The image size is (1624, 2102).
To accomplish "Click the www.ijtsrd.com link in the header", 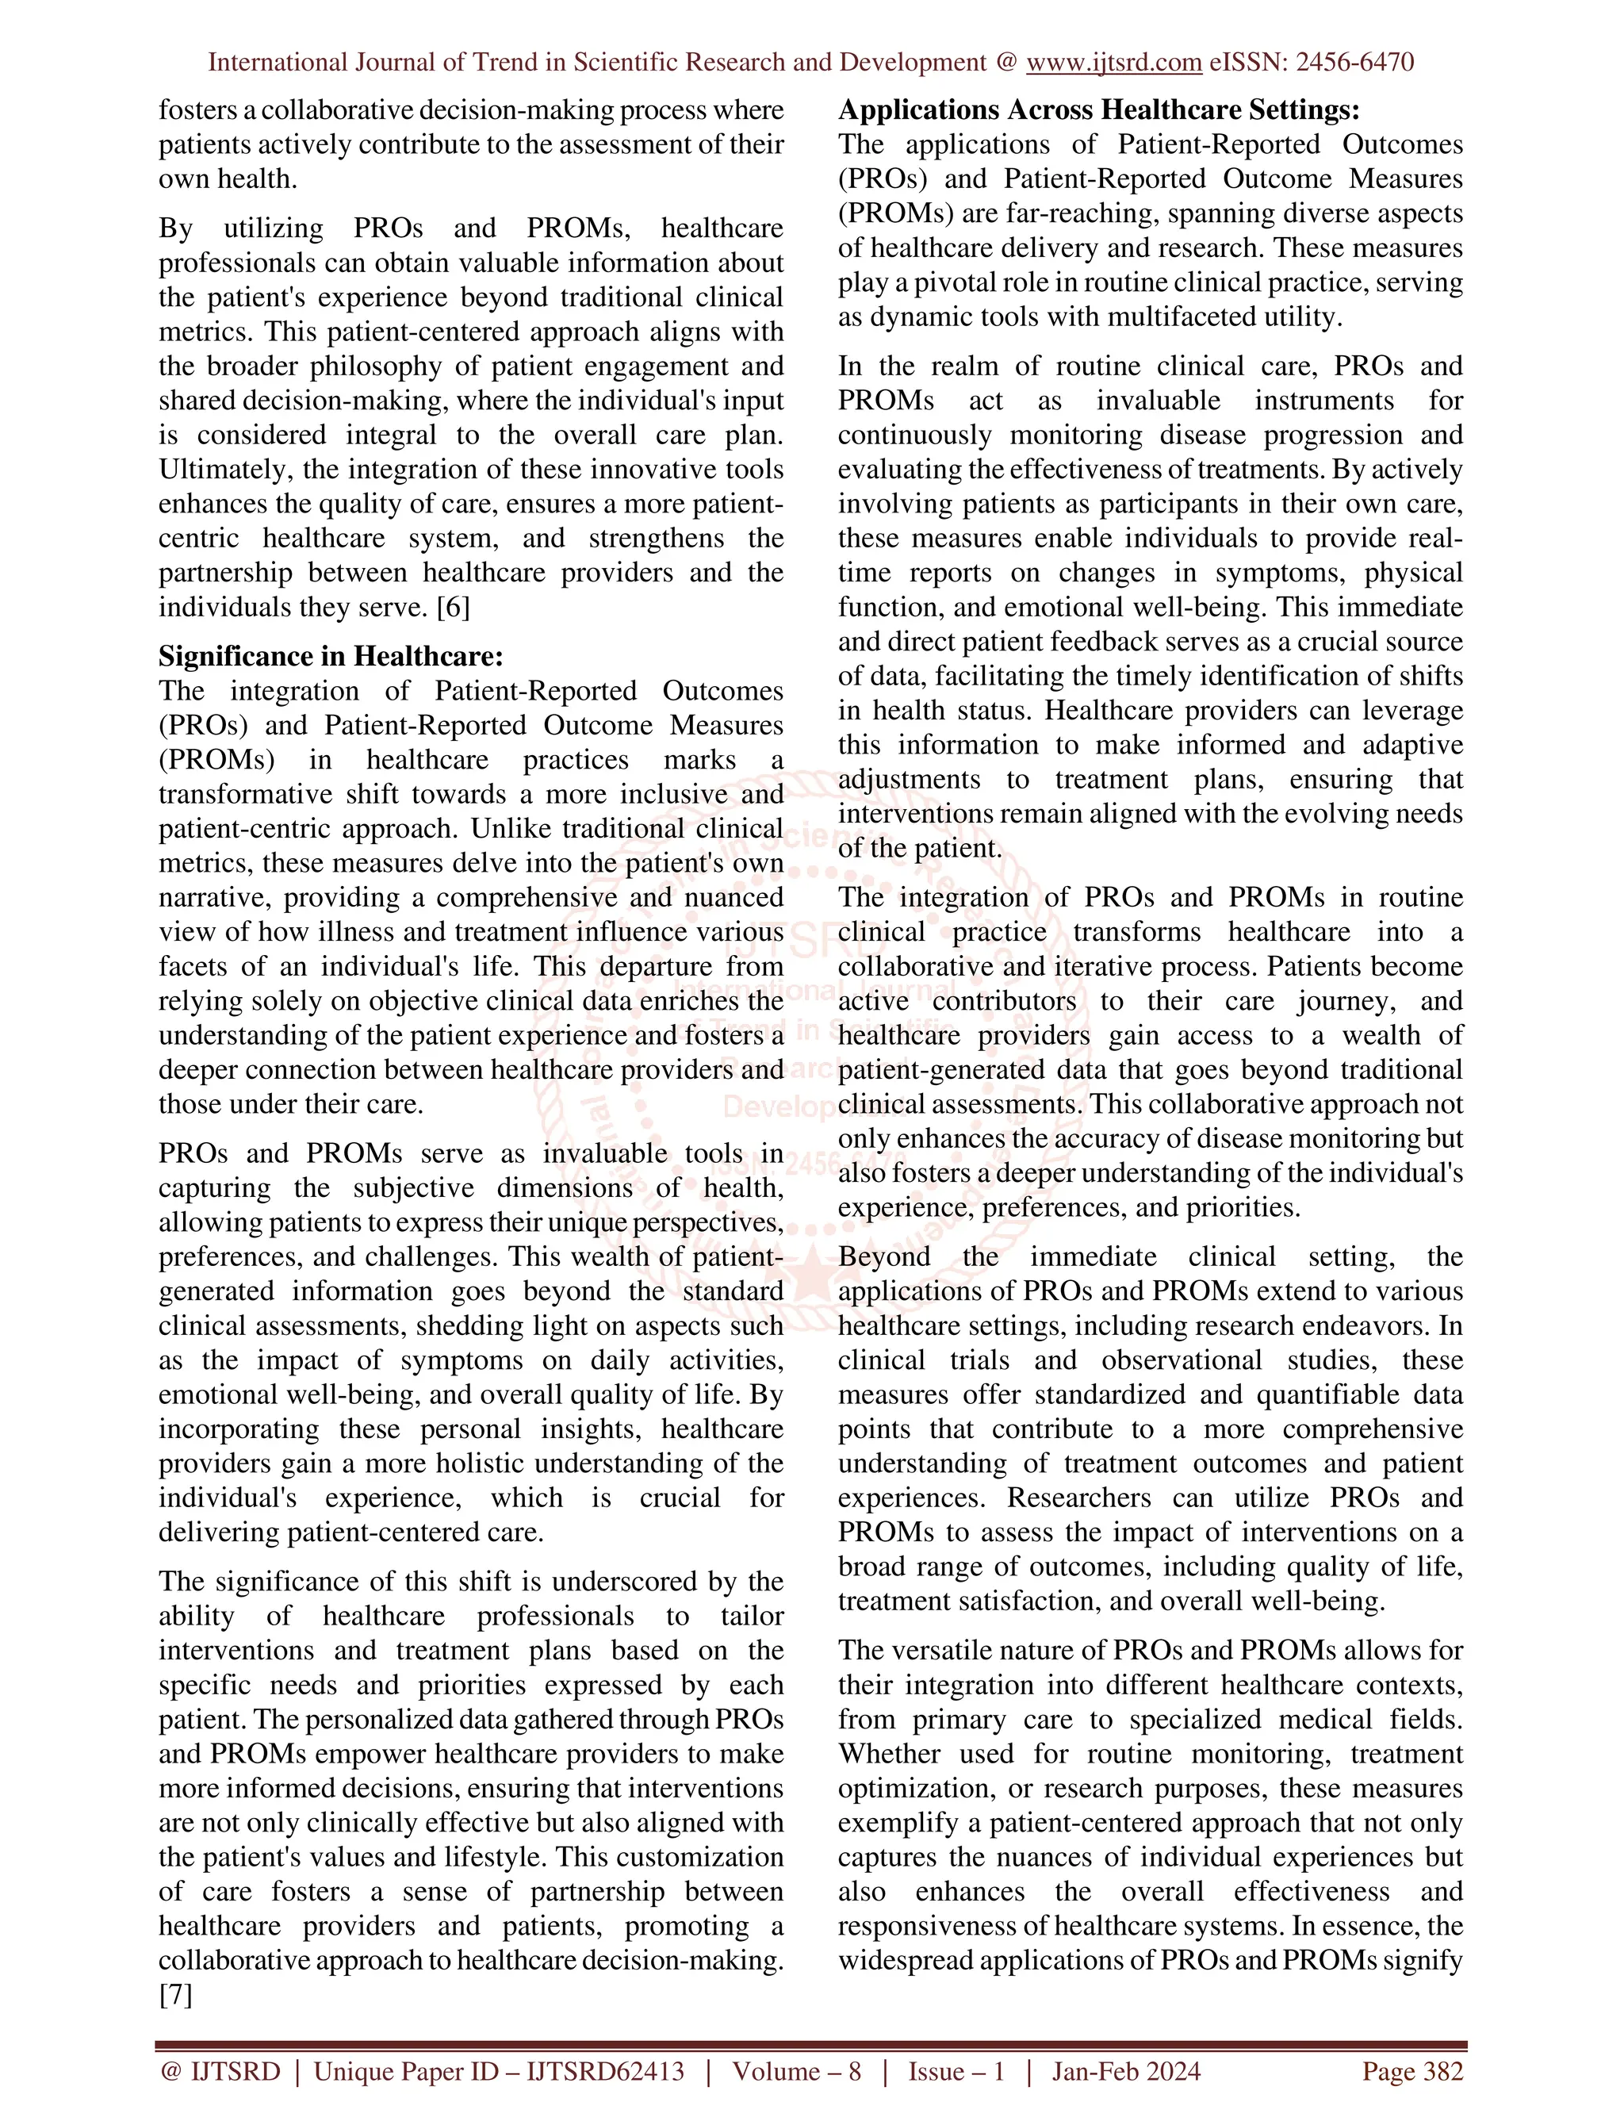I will (x=1113, y=63).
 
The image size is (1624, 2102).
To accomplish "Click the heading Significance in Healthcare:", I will (x=331, y=657).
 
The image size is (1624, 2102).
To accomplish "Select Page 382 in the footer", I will (x=1411, y=2071).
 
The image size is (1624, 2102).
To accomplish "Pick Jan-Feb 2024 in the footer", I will (x=1126, y=2071).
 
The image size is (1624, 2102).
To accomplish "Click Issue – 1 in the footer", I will (x=956, y=2071).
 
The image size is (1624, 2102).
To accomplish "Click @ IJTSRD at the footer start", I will (x=220, y=2071).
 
